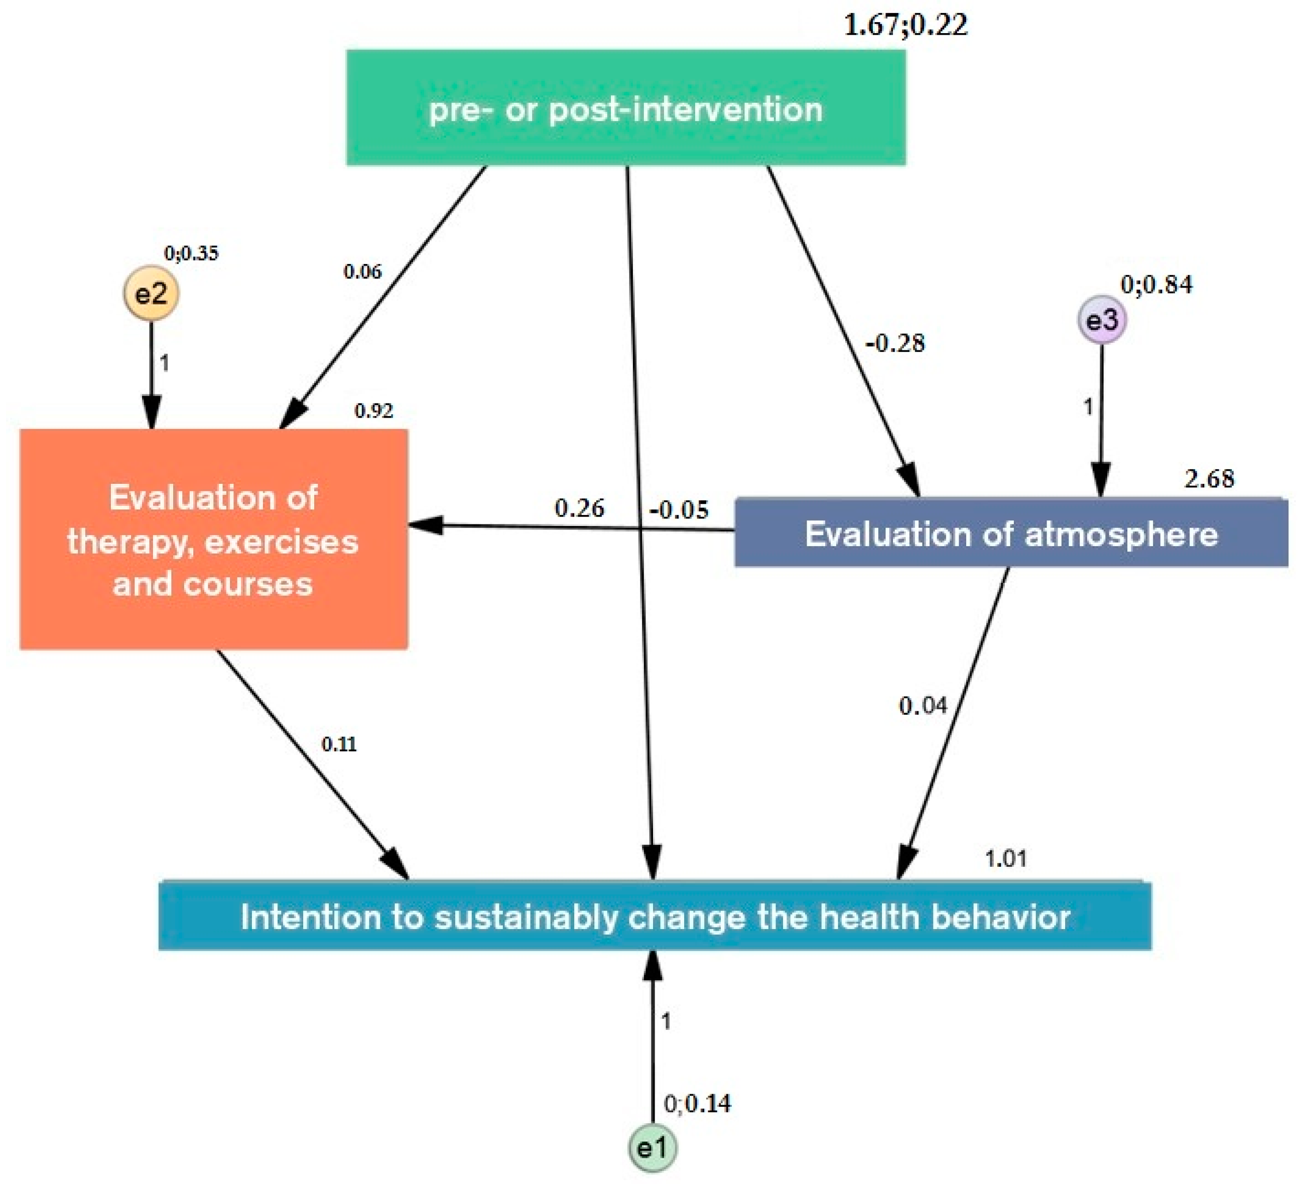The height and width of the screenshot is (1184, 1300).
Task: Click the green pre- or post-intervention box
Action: (625, 108)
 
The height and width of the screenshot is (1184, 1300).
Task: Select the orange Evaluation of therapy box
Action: (213, 539)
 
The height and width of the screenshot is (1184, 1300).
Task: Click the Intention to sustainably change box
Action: (655, 915)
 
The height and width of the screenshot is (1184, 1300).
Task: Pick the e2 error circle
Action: (151, 294)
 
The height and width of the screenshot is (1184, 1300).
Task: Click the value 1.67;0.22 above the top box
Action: (905, 25)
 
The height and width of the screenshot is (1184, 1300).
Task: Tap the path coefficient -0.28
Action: (895, 343)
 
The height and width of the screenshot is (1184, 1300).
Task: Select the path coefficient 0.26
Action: (579, 508)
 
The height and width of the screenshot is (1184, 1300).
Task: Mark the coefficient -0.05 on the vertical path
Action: (679, 510)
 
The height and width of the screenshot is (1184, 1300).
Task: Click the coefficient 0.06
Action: (362, 272)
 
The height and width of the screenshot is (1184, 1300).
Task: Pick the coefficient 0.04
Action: (923, 706)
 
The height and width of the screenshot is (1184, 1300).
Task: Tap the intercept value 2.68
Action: (1209, 478)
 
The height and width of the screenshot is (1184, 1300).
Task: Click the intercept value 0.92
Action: (374, 411)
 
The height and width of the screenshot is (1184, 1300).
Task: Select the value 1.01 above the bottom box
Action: (1005, 858)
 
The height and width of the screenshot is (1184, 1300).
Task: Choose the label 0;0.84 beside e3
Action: (1156, 285)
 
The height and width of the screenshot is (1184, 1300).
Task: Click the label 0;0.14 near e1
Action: (697, 1103)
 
